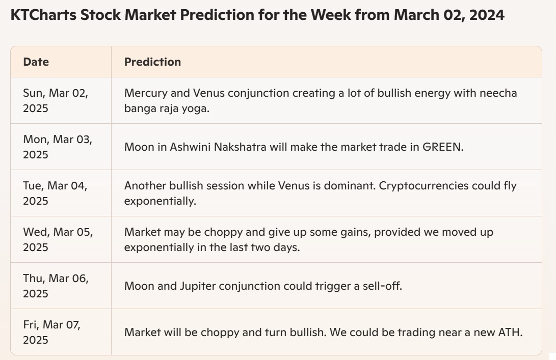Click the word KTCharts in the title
(x=43, y=15)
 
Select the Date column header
(x=36, y=62)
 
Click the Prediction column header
(x=152, y=62)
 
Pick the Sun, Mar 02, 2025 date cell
(x=56, y=101)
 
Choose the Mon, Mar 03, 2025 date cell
(x=58, y=147)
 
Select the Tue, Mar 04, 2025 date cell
(x=56, y=193)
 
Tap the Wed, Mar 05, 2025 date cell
(x=58, y=239)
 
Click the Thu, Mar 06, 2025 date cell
(x=56, y=286)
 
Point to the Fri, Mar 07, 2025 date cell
(x=52, y=333)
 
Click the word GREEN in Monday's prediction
(x=443, y=147)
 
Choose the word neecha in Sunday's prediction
(x=498, y=93)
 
